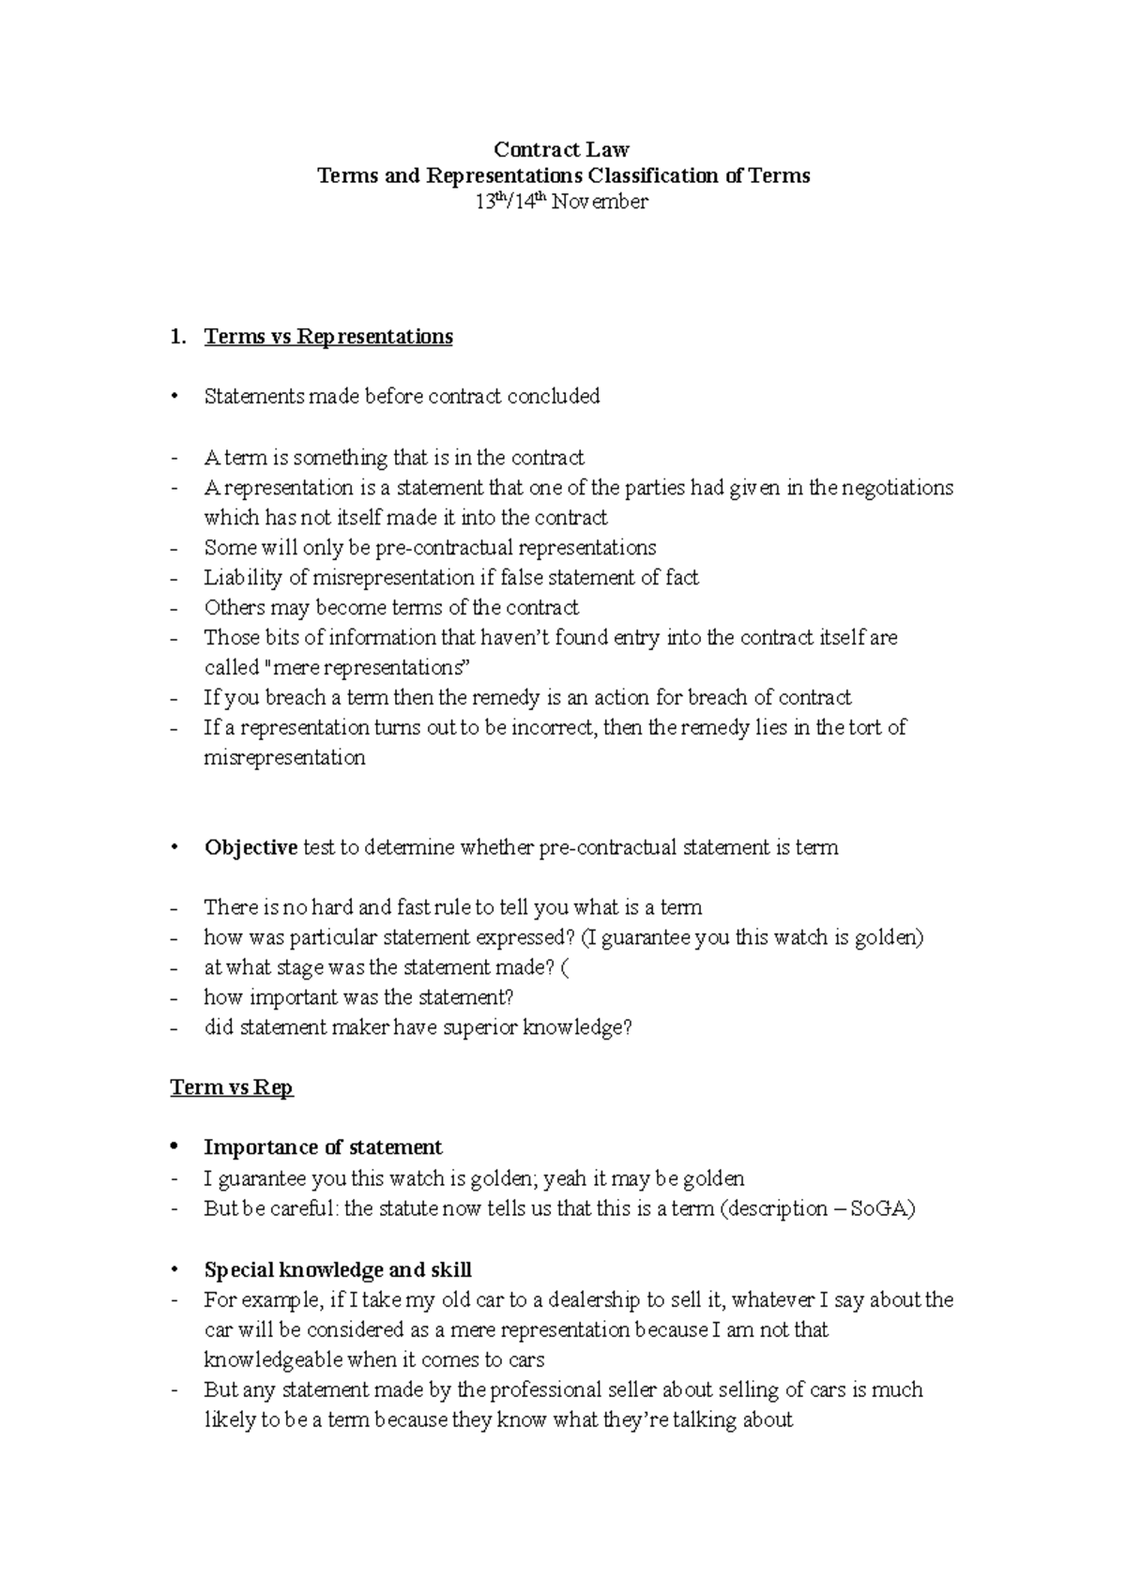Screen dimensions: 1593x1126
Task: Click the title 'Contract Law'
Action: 561,149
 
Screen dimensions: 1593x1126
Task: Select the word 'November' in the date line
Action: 600,202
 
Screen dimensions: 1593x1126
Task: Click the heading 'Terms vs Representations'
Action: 327,337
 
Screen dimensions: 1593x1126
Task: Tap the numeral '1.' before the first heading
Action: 178,337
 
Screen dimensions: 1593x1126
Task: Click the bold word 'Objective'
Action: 251,848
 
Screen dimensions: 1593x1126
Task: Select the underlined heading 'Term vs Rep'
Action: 231,1087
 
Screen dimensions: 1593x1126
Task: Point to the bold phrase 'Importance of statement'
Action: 322,1147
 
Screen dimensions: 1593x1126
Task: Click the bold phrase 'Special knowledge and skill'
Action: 337,1270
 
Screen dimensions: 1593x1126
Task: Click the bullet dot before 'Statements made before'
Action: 174,397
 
